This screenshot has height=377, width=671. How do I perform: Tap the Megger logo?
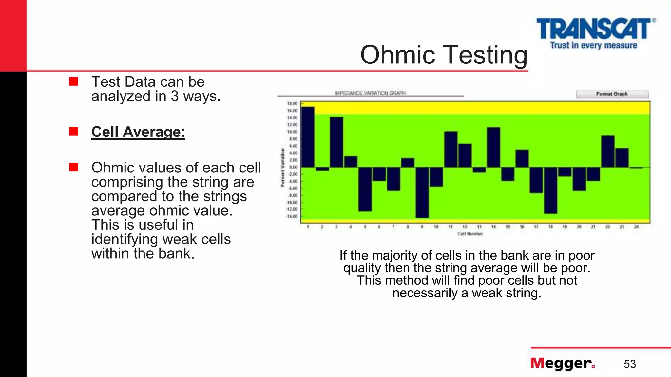pos(562,363)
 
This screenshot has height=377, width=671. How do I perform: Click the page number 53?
pos(629,364)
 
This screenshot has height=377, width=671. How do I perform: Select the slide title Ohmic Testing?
pos(444,55)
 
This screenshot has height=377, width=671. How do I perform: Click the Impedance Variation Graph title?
pos(370,93)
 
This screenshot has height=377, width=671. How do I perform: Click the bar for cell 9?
pos(422,192)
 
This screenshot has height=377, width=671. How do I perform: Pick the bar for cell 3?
pos(336,142)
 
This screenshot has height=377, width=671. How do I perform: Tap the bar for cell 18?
pos(550,190)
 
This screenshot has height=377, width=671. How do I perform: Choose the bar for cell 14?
pos(493,147)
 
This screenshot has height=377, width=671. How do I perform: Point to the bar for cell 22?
pos(608,151)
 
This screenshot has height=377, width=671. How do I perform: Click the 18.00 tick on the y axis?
pos(292,104)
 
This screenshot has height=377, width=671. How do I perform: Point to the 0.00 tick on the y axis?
pos(293,167)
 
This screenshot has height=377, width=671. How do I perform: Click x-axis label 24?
pos(636,227)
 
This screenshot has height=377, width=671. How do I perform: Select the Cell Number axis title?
pos(470,234)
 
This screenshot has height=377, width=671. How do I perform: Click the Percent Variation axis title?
pos(282,168)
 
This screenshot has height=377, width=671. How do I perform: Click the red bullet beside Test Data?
pos(74,81)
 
